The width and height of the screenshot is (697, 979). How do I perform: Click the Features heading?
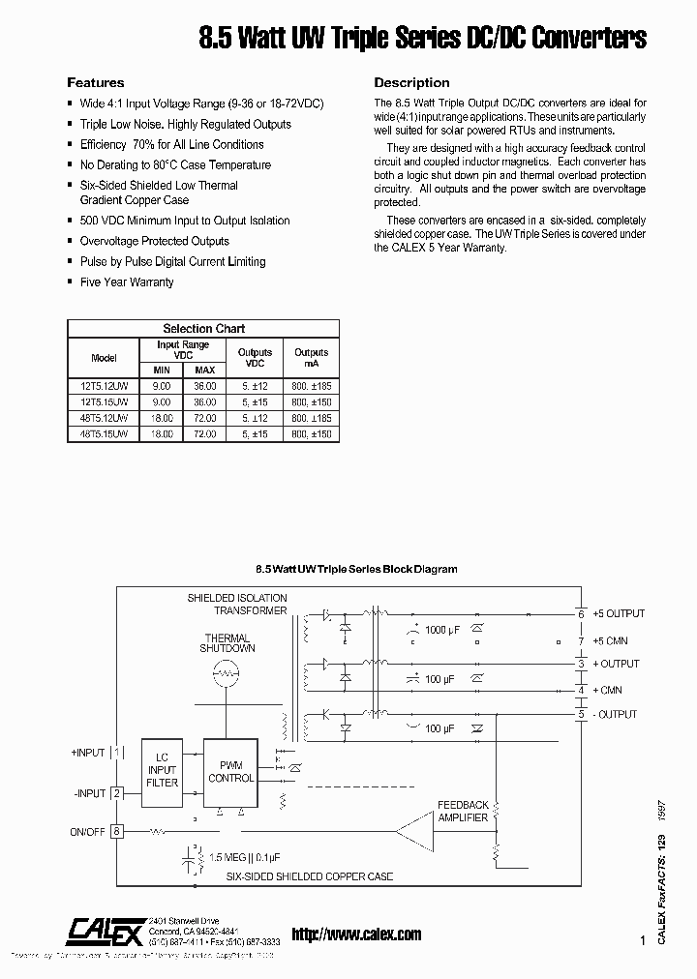pyautogui.click(x=95, y=83)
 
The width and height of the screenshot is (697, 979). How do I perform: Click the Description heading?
pyautogui.click(x=411, y=83)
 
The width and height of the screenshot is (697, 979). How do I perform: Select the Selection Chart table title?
pyautogui.click(x=203, y=329)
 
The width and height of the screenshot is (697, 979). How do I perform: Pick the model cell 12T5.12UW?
pyautogui.click(x=103, y=385)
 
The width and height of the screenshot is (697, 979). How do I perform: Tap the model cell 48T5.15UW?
pyautogui.click(x=103, y=435)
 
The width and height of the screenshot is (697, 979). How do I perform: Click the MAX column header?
pyautogui.click(x=204, y=370)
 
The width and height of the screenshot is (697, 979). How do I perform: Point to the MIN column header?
pyautogui.click(x=162, y=370)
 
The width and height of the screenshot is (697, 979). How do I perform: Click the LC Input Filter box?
pyautogui.click(x=163, y=770)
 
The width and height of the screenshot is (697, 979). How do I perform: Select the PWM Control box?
pyautogui.click(x=231, y=771)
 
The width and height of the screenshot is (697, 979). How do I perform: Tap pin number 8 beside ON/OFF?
pyautogui.click(x=117, y=830)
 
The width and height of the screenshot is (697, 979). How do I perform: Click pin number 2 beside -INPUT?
pyautogui.click(x=117, y=793)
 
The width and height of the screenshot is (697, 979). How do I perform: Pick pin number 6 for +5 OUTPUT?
pyautogui.click(x=581, y=613)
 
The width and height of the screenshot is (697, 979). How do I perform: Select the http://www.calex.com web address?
pyautogui.click(x=356, y=934)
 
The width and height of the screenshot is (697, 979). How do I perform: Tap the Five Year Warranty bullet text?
pyautogui.click(x=127, y=282)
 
